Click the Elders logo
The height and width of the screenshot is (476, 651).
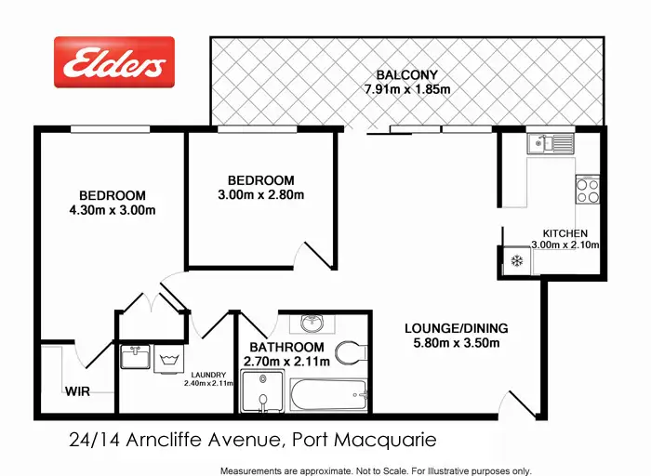pyautogui.click(x=113, y=62)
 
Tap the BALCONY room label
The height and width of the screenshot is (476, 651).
pyautogui.click(x=406, y=74)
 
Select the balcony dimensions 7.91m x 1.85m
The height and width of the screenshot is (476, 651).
pyautogui.click(x=406, y=90)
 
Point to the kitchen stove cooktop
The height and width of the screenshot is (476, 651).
pyautogui.click(x=588, y=191)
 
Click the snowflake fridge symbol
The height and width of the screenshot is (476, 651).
pyautogui.click(x=514, y=261)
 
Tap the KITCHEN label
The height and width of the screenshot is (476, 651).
pyautogui.click(x=565, y=232)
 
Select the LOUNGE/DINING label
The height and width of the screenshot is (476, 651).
pyautogui.click(x=456, y=328)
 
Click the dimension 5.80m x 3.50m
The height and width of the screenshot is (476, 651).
pyautogui.click(x=456, y=343)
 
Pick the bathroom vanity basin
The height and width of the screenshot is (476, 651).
pyautogui.click(x=312, y=324)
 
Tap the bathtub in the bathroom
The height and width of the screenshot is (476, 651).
pyautogui.click(x=329, y=395)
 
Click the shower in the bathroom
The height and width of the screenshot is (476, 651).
pyautogui.click(x=263, y=391)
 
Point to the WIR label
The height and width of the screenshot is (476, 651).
pyautogui.click(x=77, y=391)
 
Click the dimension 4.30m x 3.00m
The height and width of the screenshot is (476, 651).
pyautogui.click(x=112, y=210)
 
